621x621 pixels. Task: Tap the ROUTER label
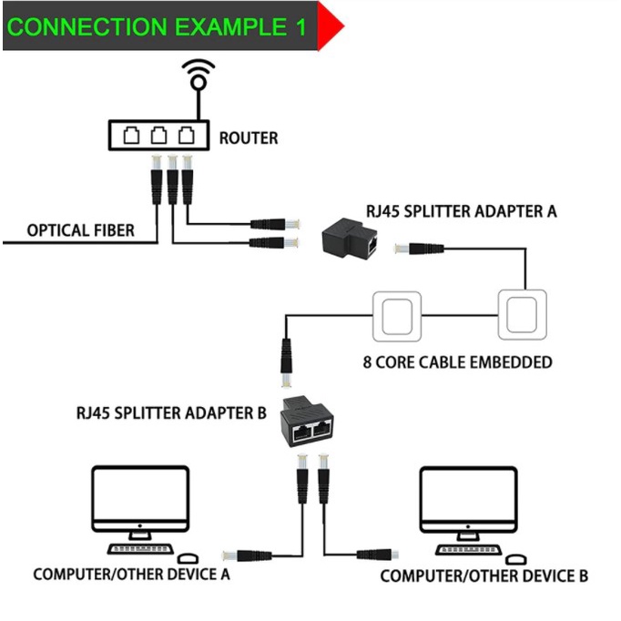click(249, 138)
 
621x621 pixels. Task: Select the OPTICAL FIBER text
click(80, 230)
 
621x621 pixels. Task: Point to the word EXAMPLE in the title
click(220, 25)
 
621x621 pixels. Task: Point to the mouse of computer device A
click(189, 557)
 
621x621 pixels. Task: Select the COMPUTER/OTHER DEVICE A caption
click(131, 575)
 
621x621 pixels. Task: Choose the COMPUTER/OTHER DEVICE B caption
click(484, 575)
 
